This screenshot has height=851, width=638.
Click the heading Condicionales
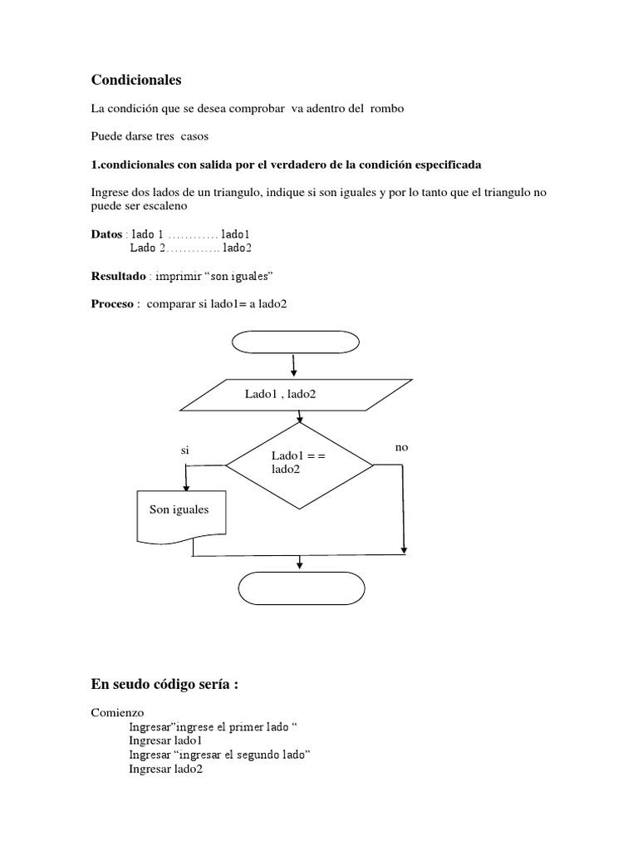coord(135,80)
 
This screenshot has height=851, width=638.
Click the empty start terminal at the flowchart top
coord(296,342)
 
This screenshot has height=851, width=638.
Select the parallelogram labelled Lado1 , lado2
coord(296,395)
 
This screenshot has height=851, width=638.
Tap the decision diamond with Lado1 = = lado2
coord(300,463)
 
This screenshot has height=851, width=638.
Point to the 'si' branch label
coord(185,450)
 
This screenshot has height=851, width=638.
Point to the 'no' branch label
coord(402,447)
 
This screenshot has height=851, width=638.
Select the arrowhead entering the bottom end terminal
coord(298,564)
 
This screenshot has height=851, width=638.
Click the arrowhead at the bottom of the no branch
coord(404,548)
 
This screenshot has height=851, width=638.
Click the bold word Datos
coord(106,234)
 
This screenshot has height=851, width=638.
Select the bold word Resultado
coord(117,275)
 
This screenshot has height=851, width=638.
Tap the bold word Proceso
coord(112,303)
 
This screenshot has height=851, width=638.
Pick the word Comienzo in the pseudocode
coord(117,712)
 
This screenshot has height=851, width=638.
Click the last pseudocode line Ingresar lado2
coord(165,769)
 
